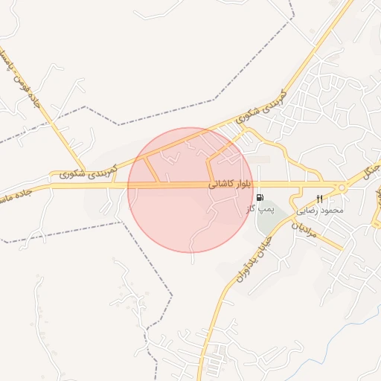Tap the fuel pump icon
pos(259,198)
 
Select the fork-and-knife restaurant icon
pos(319,199)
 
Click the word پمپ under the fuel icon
pos(266,209)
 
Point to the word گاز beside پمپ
pos(252,209)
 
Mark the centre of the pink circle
pos(190,190)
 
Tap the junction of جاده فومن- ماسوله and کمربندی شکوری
pos(83,171)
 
